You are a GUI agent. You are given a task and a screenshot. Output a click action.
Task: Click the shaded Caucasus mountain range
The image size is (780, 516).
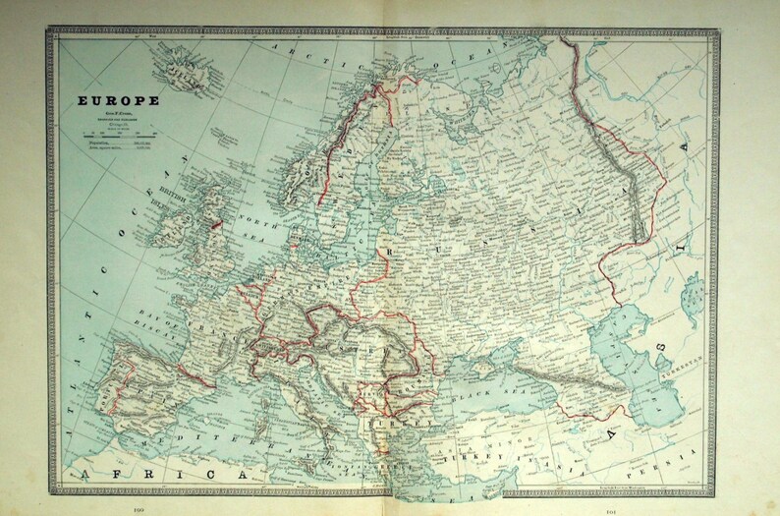(580, 385)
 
